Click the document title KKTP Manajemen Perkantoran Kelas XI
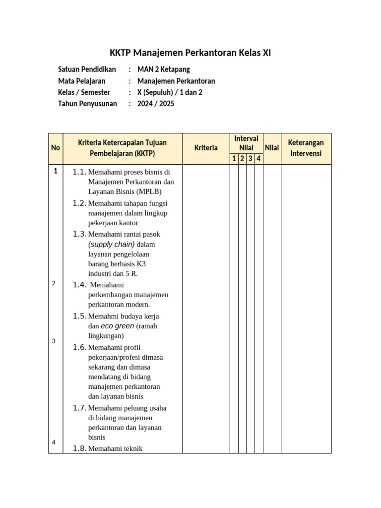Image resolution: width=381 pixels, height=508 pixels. coord(190,53)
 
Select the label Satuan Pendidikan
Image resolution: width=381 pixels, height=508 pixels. coord(87,69)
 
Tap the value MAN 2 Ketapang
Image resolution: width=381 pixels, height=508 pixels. coord(163,69)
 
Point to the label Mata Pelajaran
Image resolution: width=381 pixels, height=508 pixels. coord(82,81)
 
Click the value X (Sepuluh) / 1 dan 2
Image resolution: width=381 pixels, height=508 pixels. coord(170,92)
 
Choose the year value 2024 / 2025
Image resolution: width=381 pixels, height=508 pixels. coord(156,104)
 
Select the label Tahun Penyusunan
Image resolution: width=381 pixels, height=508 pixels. coord(87,104)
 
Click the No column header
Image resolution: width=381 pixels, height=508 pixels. coord(56,148)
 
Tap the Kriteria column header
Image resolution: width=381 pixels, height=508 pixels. coord(206,148)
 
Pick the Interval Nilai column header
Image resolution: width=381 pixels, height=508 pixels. coord(246,143)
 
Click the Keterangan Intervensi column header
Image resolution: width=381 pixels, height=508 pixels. coord(306,148)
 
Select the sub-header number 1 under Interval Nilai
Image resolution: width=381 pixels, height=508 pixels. coord(234,159)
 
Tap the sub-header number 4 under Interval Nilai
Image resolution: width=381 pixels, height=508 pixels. coord(258,159)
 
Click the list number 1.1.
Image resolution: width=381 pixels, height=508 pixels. coord(79,172)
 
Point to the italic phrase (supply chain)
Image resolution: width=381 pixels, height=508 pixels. coord(112,244)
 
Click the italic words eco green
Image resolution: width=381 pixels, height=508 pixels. coord(118,326)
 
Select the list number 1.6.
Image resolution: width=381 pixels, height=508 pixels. coord(79,347)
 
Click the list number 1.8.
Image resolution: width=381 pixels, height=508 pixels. coord(79,448)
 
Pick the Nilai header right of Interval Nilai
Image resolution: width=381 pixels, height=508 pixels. coord(272,148)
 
